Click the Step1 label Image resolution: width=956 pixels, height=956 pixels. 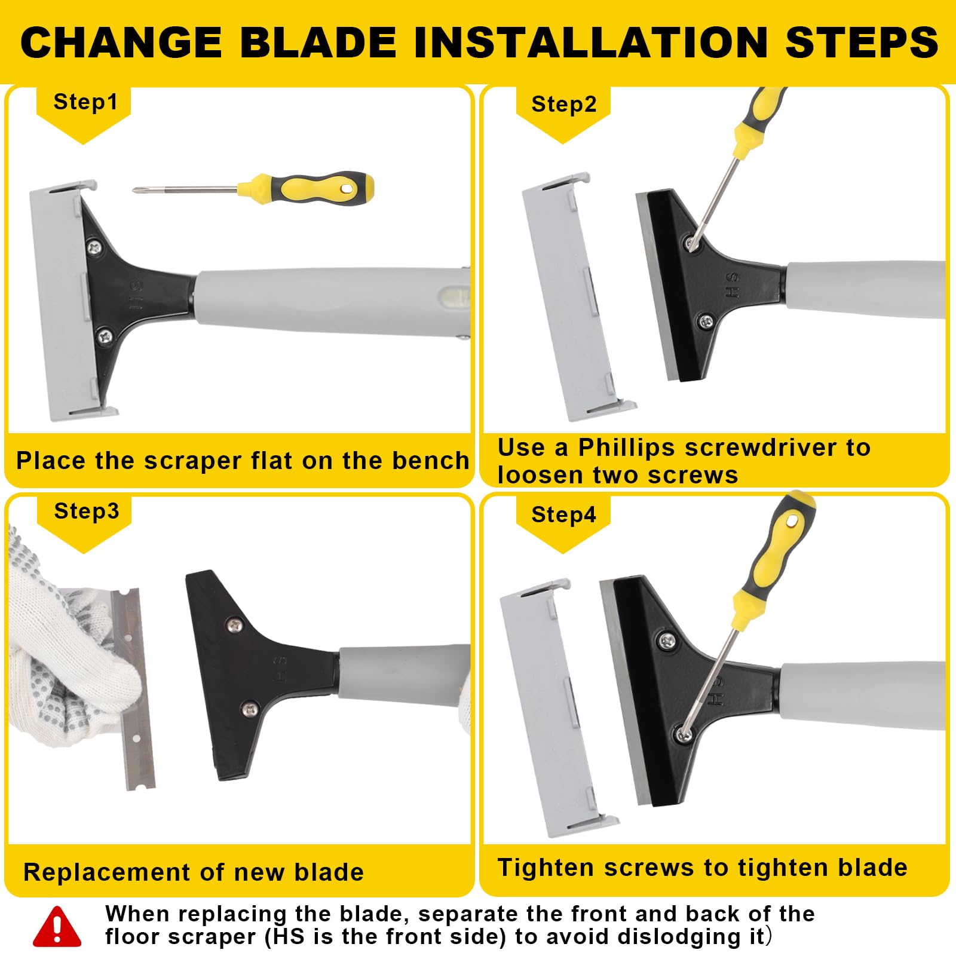click(85, 102)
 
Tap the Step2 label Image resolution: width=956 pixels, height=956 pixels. click(564, 104)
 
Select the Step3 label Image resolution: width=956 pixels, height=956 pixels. click(87, 511)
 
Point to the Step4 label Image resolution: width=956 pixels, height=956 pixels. click(564, 514)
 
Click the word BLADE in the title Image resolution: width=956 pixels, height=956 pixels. click(318, 42)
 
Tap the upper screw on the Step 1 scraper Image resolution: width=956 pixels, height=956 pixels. click(94, 247)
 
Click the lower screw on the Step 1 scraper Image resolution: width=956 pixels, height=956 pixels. click(106, 336)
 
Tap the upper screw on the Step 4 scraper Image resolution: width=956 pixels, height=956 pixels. click(666, 641)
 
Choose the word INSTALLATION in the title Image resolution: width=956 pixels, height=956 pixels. click(590, 42)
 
